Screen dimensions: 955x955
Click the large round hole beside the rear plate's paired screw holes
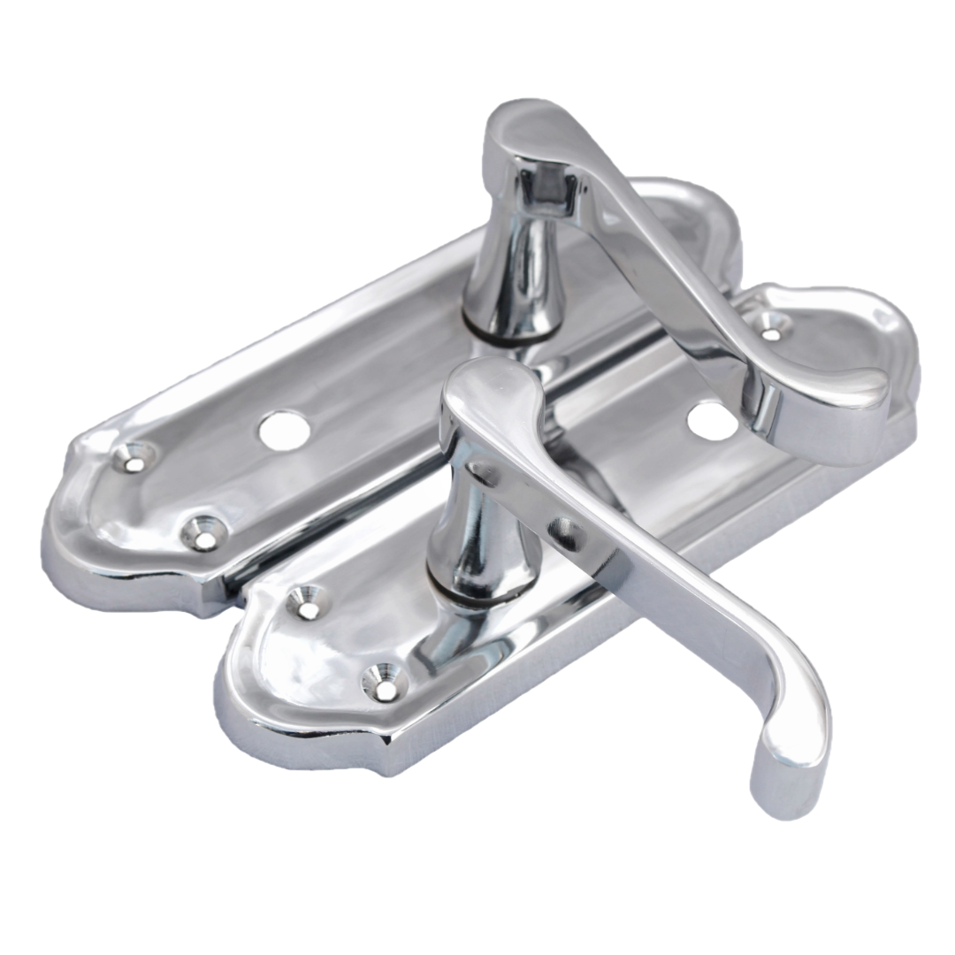(284, 429)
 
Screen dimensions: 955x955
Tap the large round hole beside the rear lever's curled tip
(713, 420)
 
